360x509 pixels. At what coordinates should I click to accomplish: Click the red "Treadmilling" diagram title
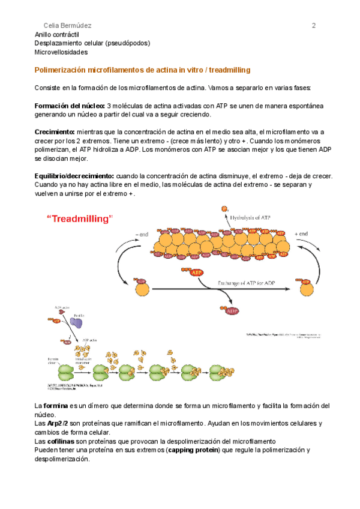point(80,219)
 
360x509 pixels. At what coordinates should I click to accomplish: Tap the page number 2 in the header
point(313,25)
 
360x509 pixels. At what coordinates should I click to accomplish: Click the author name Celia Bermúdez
point(68,25)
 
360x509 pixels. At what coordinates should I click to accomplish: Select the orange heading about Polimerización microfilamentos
point(143,70)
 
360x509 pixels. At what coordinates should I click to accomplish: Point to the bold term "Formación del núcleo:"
point(70,105)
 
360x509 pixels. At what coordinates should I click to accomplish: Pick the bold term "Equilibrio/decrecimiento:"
point(75,176)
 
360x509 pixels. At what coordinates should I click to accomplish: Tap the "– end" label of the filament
point(142,234)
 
